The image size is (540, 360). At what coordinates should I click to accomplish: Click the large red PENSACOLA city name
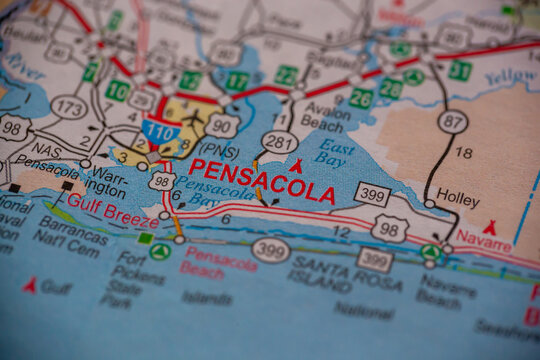(x=261, y=182)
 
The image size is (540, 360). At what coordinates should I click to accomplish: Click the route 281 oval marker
(x=280, y=142)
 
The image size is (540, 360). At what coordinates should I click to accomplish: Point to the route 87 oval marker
(x=452, y=121)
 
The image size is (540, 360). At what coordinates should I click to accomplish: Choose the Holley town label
(x=458, y=199)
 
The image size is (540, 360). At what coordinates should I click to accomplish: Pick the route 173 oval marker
(x=68, y=107)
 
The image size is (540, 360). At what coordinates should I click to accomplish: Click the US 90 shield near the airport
(x=221, y=124)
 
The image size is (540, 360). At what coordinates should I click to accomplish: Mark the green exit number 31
(x=459, y=70)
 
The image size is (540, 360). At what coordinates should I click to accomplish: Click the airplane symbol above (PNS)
(x=196, y=118)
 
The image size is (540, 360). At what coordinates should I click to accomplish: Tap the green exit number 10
(x=117, y=90)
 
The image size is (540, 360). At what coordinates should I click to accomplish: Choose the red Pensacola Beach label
(x=220, y=260)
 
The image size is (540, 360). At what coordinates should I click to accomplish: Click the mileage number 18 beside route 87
(x=464, y=152)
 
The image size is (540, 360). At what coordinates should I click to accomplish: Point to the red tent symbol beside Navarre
(x=489, y=227)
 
